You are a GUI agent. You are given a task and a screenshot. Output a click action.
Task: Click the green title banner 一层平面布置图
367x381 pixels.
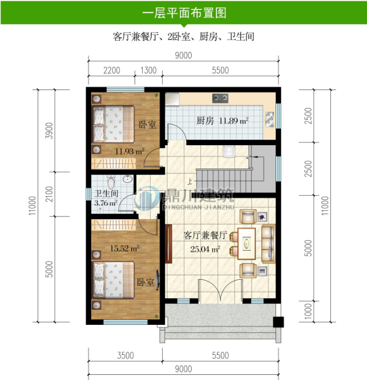pyautogui.click(x=183, y=12)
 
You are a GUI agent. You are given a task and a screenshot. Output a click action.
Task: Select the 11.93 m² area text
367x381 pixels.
pyautogui.click(x=129, y=151)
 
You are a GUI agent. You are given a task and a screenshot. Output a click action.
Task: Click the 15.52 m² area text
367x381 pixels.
pyautogui.click(x=124, y=248)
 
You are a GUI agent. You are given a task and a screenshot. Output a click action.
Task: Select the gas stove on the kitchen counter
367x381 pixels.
pyautogui.click(x=220, y=98)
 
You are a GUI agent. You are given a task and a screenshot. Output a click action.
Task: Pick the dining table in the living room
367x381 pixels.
pyautogui.click(x=247, y=244)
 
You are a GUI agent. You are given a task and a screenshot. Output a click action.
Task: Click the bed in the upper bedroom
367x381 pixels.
pyautogui.click(x=113, y=125)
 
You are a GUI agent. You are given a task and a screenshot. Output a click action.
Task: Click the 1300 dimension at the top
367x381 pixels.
pyautogui.click(x=148, y=70)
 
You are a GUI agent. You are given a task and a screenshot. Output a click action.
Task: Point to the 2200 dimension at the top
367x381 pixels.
pyautogui.click(x=112, y=70)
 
